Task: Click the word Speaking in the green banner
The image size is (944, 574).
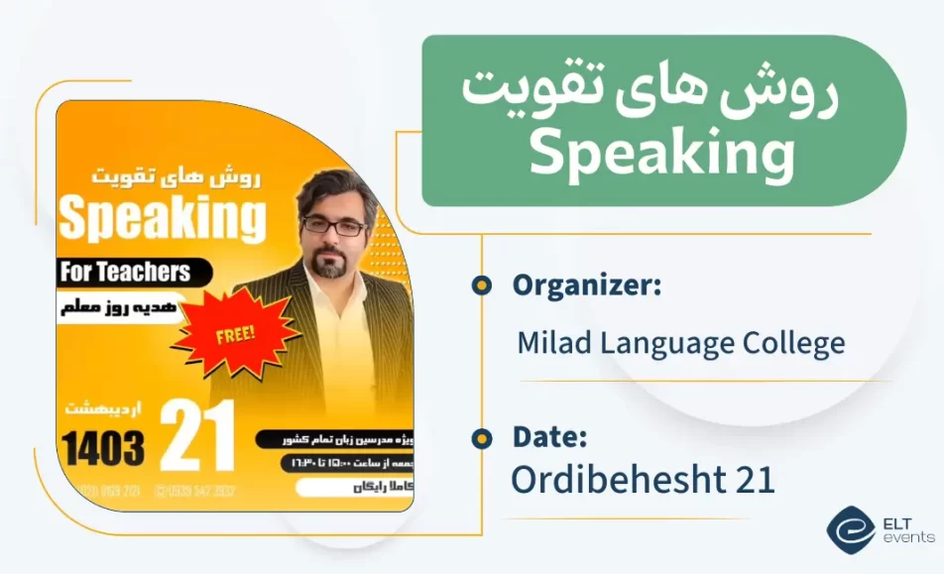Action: pyautogui.click(x=661, y=155)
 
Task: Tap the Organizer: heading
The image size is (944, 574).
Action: pyautogui.click(x=586, y=286)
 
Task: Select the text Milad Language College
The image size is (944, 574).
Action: pyautogui.click(x=680, y=344)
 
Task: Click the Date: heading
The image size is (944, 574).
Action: pyautogui.click(x=549, y=436)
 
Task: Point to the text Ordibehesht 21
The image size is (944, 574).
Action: pyautogui.click(x=642, y=480)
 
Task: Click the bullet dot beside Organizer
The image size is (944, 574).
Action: pyautogui.click(x=482, y=287)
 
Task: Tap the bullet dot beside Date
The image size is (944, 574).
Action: pyautogui.click(x=482, y=437)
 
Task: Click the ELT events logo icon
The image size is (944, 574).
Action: pyautogui.click(x=851, y=529)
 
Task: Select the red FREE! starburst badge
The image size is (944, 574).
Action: pyautogui.click(x=235, y=332)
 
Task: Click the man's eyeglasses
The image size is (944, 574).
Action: pyautogui.click(x=333, y=226)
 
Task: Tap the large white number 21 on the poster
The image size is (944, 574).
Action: pyautogui.click(x=198, y=435)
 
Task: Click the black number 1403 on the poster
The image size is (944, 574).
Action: pyautogui.click(x=103, y=448)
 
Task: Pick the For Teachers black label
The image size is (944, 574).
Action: pyautogui.click(x=129, y=271)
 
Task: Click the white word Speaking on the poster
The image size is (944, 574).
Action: pyautogui.click(x=163, y=219)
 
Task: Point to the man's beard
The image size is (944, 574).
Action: pyautogui.click(x=331, y=263)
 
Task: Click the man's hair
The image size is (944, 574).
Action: pyautogui.click(x=336, y=189)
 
